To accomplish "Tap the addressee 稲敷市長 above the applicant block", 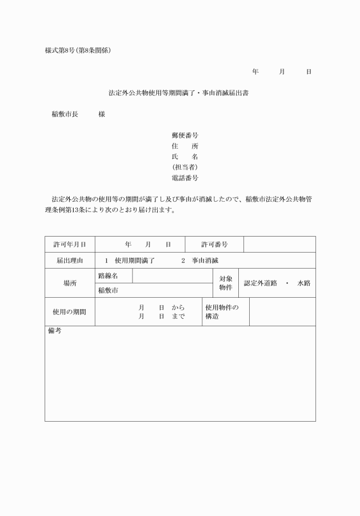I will [65, 114].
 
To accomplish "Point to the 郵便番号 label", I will [185, 135].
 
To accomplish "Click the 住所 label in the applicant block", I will [185, 146].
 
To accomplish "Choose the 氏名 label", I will [185, 157].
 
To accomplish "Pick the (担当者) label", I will [185, 167].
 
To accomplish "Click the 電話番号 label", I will [185, 178].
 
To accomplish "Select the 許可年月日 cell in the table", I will [70, 245].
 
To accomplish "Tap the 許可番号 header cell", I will [214, 245].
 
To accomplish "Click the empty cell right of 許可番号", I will [279, 245].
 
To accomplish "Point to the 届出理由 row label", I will [70, 261].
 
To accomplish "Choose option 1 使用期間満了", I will [130, 261].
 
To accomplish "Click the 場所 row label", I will [70, 283].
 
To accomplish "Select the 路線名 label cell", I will [114, 276].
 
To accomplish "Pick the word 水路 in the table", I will [303, 283].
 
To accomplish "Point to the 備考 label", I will [54, 331].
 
